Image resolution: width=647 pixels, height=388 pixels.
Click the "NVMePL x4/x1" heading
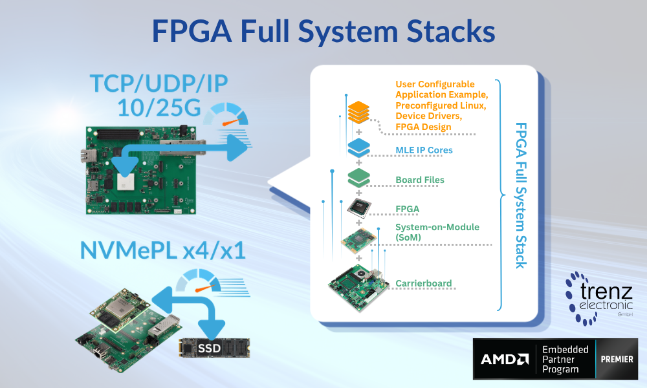(x=163, y=249)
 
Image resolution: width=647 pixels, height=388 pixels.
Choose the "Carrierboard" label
(x=423, y=283)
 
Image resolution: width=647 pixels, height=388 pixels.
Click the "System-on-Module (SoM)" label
(x=428, y=232)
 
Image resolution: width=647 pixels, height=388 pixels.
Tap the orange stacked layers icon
(x=358, y=113)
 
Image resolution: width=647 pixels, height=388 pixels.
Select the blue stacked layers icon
(x=358, y=148)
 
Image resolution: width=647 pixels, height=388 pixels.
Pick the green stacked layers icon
(x=358, y=177)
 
